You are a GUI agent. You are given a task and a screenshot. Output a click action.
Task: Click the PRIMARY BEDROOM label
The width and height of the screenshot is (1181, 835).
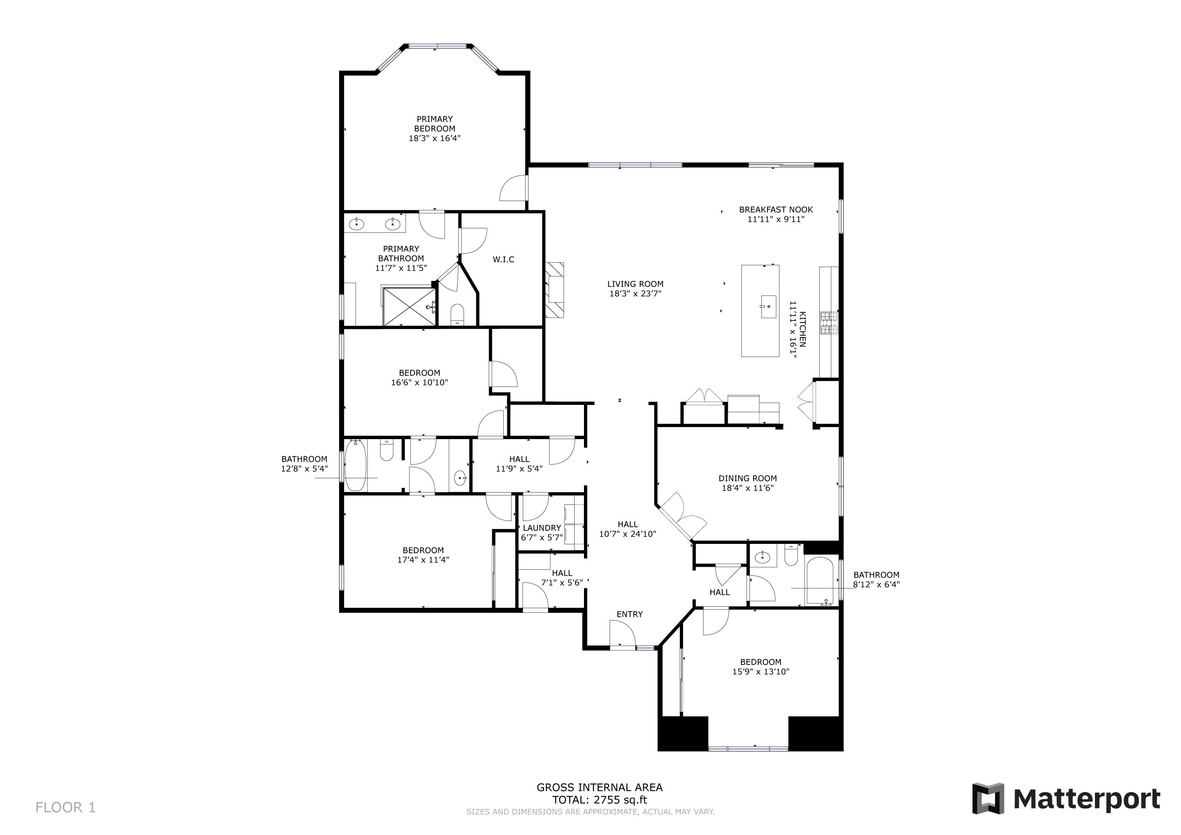point(435,124)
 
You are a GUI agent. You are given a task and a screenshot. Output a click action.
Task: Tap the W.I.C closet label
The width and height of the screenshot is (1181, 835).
point(503,260)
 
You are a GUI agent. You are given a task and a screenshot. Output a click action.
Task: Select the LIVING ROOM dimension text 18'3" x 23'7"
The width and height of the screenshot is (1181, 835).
point(635,294)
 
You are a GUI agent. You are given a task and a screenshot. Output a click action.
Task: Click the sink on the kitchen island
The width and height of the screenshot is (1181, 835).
point(768,307)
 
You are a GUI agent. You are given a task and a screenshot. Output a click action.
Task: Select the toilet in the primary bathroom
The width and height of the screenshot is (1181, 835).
point(457,314)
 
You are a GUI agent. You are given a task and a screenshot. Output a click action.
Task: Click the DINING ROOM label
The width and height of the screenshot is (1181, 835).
point(748,478)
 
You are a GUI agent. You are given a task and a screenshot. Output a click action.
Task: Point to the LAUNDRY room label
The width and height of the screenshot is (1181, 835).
point(542,528)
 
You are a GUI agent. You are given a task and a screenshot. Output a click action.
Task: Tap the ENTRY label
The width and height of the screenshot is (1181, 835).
point(630,614)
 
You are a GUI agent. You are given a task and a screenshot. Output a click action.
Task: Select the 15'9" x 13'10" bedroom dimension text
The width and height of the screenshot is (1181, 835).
point(761,672)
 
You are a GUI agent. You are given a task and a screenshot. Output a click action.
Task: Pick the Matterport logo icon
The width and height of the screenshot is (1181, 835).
point(988,798)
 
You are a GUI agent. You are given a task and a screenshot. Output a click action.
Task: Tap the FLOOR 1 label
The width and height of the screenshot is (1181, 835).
point(65,807)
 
